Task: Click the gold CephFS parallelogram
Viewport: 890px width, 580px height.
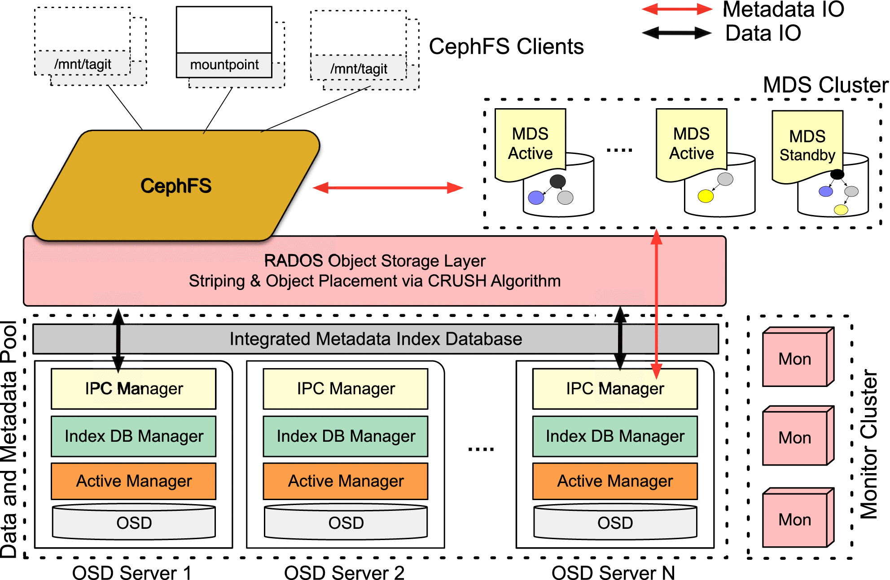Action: [176, 186]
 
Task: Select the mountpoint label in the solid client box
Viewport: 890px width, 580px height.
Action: [224, 65]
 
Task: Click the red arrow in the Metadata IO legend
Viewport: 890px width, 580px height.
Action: [677, 9]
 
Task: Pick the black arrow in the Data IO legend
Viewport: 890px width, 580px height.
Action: [677, 33]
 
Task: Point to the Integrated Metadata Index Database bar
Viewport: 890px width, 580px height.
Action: [376, 339]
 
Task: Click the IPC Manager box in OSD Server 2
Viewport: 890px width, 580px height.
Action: [346, 389]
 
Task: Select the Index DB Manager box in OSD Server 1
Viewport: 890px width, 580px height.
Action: [134, 436]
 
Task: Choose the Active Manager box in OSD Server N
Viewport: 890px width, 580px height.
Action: [615, 481]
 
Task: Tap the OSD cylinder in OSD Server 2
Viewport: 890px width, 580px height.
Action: [346, 523]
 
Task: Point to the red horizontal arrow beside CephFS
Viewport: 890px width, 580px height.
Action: [388, 188]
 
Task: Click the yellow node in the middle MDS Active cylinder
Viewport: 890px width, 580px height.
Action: [706, 196]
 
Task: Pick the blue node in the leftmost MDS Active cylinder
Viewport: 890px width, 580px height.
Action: [536, 198]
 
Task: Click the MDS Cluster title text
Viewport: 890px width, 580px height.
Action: [825, 85]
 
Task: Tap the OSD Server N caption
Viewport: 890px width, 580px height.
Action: [613, 573]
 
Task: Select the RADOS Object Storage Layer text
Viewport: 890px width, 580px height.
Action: [375, 261]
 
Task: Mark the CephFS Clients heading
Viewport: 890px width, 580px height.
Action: [506, 47]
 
